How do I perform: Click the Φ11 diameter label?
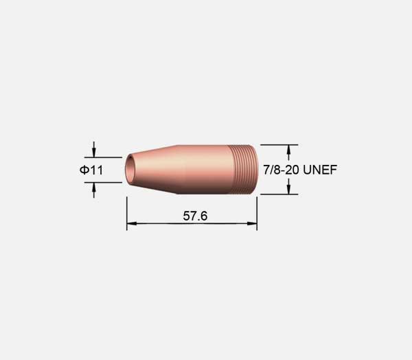point(91,170)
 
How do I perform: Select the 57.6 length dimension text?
point(195,216)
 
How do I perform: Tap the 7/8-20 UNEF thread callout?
point(300,170)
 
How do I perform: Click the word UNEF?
point(320,170)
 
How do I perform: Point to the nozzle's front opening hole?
point(129,170)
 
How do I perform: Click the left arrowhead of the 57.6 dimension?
point(132,223)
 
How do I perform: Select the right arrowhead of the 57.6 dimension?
point(252,223)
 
